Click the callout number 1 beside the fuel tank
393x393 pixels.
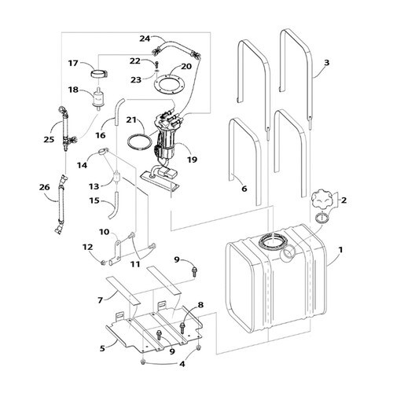point(340,250)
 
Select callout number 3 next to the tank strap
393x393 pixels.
point(326,63)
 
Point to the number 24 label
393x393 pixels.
point(145,39)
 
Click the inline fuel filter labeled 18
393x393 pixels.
point(98,97)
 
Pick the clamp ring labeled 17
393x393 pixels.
point(99,74)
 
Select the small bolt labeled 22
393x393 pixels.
point(157,64)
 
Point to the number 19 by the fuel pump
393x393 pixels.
point(193,160)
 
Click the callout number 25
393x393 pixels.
point(49,139)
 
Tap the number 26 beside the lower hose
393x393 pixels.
point(45,187)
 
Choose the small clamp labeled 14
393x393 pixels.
point(103,152)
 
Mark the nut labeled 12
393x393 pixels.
point(103,262)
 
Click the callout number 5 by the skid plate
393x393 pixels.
point(102,348)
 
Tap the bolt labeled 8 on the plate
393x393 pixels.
point(182,326)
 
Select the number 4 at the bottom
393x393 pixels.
point(182,364)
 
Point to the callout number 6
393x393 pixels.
point(244,189)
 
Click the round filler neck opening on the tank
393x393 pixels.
point(288,253)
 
